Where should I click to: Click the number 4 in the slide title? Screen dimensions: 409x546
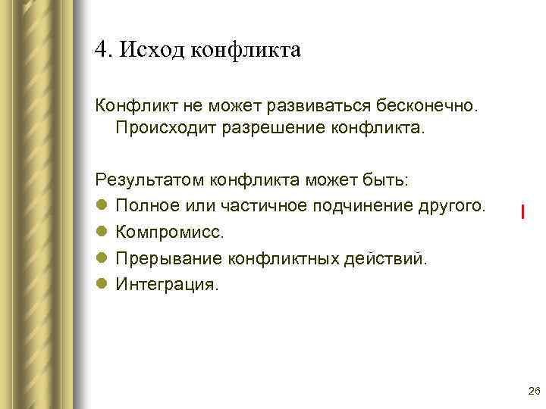(x=101, y=50)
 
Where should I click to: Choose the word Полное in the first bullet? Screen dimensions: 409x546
(x=143, y=206)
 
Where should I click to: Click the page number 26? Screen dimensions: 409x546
(x=532, y=391)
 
